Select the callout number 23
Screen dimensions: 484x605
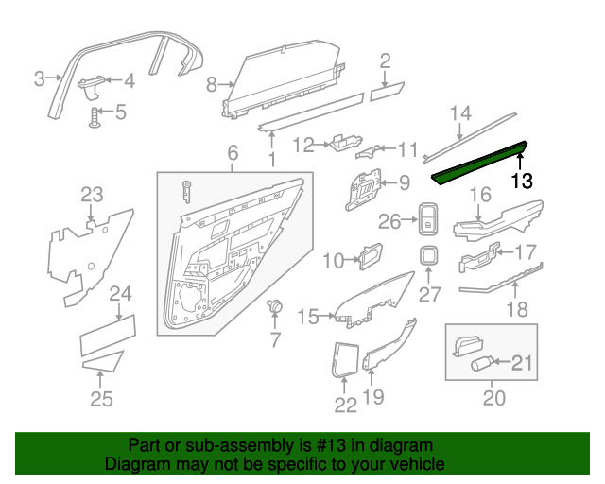(91, 196)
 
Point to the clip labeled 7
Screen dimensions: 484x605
(276, 307)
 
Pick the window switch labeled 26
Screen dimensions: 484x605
(429, 221)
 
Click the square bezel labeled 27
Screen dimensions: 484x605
(429, 256)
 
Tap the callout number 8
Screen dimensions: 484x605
(211, 85)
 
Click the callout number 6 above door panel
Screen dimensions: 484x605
(233, 153)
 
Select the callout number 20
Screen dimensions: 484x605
(494, 399)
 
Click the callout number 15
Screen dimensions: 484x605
(309, 318)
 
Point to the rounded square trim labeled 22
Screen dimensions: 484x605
(344, 359)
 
